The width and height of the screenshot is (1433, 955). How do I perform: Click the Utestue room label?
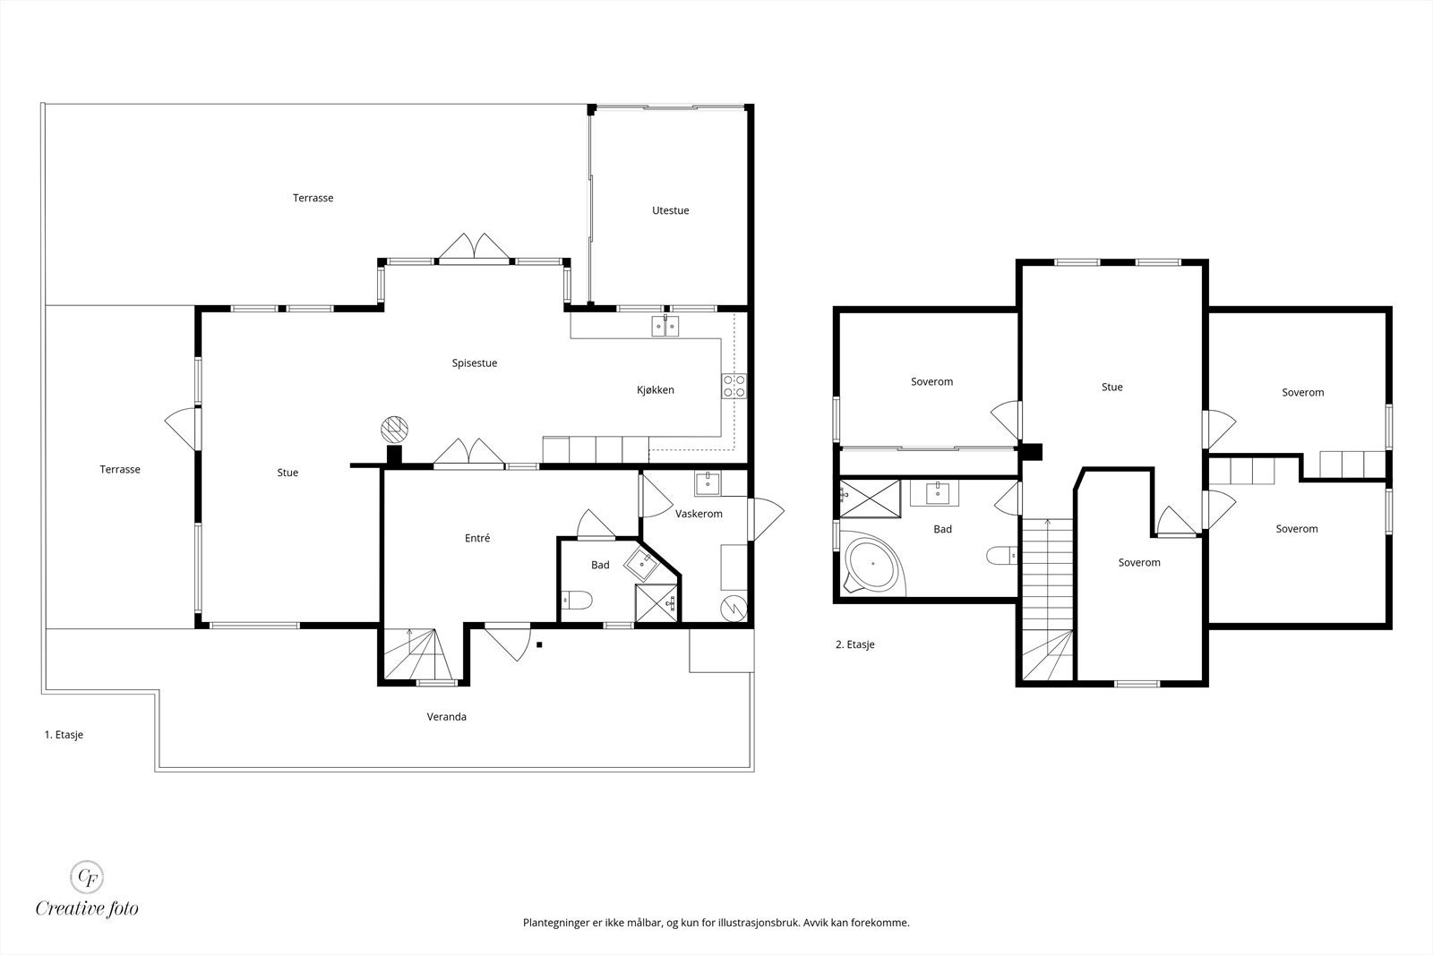point(671,210)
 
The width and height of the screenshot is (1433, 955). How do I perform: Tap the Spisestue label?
point(474,363)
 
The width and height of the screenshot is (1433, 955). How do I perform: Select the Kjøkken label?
point(655,390)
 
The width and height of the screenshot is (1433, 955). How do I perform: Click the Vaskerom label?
point(699,514)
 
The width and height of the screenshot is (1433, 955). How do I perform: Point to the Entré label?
point(477,538)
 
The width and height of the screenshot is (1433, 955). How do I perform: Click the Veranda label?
point(447,717)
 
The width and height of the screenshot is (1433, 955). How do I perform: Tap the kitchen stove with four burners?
point(734,386)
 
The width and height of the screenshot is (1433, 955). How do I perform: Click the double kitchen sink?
point(665,326)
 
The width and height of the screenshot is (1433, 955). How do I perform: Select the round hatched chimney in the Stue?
point(394,429)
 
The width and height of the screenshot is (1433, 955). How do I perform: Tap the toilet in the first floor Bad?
point(577,601)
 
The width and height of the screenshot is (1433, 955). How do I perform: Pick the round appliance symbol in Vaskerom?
point(734,608)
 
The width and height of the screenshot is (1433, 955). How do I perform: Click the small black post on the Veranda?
point(539,645)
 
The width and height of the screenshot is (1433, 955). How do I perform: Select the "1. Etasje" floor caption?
point(64,735)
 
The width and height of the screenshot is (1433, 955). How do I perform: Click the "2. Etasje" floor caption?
point(854,645)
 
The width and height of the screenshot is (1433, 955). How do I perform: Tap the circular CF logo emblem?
point(86,877)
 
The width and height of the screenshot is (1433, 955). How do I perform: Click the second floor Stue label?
point(1111,388)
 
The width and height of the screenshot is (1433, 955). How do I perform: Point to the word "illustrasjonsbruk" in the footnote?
point(759,923)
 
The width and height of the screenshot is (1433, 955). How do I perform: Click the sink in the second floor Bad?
point(937,493)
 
